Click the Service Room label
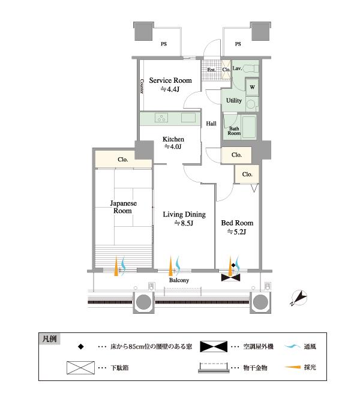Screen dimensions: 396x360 click(x=170, y=80)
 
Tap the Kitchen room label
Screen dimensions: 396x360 click(x=173, y=139)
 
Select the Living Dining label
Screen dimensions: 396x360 click(x=184, y=214)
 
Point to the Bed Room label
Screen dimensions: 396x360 click(x=237, y=223)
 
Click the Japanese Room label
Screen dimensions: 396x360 click(x=123, y=208)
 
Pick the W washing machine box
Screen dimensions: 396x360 click(x=251, y=86)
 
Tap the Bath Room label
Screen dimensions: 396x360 click(x=233, y=130)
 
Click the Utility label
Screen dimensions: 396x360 click(x=234, y=101)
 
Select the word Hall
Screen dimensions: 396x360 click(x=211, y=124)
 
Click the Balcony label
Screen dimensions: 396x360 click(x=179, y=281)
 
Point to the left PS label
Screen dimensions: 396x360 click(x=163, y=44)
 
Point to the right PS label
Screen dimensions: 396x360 click(x=238, y=44)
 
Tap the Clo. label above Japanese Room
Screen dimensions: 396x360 click(x=122, y=160)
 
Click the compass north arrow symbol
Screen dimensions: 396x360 click(x=298, y=296)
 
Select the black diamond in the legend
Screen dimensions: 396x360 click(x=80, y=347)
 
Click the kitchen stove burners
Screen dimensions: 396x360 click(x=161, y=116)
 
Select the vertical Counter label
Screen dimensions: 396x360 click(x=142, y=86)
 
